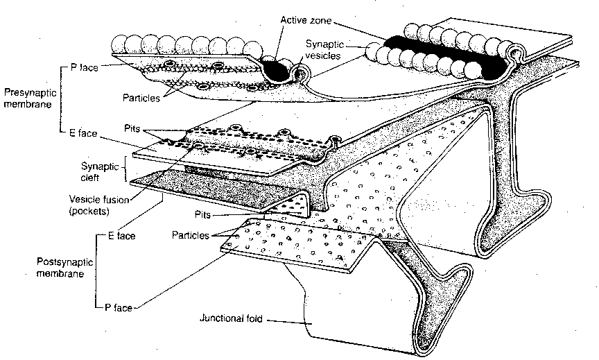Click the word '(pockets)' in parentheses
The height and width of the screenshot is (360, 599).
(89, 210)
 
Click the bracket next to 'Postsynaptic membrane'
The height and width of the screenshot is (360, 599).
(94, 271)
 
